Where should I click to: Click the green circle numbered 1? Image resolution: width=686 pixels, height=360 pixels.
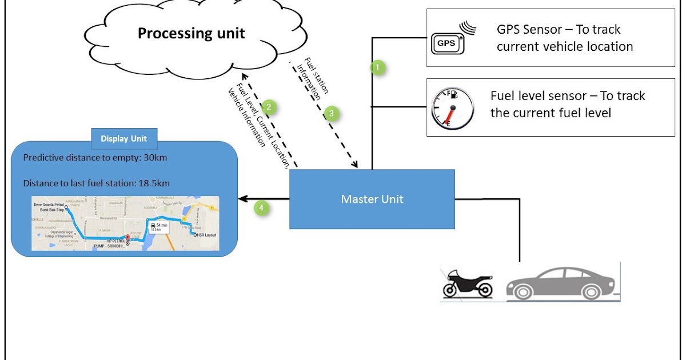click(x=377, y=67)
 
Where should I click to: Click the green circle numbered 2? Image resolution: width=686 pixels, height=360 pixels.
click(x=269, y=106)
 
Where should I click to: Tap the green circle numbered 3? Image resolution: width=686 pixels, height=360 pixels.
click(x=331, y=113)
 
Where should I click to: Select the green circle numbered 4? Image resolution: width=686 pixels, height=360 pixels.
click(x=262, y=209)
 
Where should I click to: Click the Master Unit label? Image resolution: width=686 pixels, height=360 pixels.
click(x=372, y=199)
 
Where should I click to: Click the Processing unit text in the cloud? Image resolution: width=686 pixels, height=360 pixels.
click(x=191, y=33)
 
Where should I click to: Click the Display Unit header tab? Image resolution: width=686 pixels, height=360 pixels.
click(x=123, y=138)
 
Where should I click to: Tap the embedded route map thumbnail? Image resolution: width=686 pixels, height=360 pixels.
click(x=125, y=223)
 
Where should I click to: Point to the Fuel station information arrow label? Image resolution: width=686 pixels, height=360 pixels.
click(x=312, y=79)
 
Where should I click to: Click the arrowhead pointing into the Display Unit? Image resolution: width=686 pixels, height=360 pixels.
click(x=242, y=199)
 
